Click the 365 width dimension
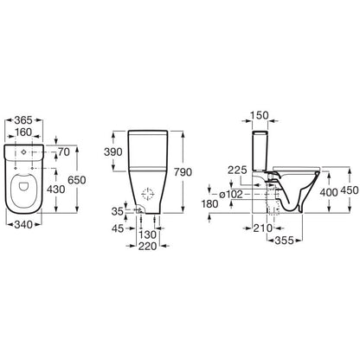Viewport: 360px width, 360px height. [x=23, y=120]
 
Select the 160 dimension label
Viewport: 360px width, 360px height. [x=23, y=132]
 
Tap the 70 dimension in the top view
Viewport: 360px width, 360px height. [x=64, y=152]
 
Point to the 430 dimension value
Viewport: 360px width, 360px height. [x=56, y=190]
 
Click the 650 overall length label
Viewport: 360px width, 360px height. [x=77, y=180]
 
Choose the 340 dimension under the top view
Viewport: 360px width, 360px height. [x=23, y=224]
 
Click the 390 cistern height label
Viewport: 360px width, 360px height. [x=113, y=152]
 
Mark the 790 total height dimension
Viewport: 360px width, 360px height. [x=183, y=172]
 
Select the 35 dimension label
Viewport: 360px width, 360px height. [x=118, y=211]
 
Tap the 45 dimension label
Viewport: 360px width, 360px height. [x=118, y=228]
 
